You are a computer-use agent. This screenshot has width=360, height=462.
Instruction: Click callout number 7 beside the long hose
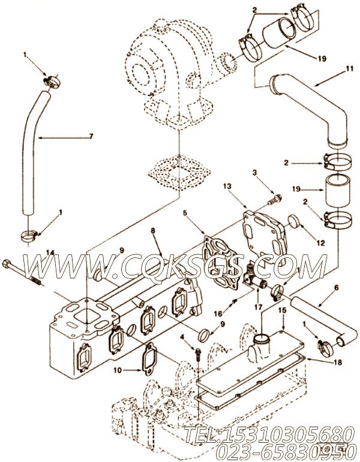click(x=91, y=136)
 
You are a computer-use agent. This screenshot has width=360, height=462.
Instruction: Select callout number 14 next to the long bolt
click(x=50, y=253)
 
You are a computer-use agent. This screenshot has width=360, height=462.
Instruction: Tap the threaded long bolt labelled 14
click(x=24, y=271)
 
